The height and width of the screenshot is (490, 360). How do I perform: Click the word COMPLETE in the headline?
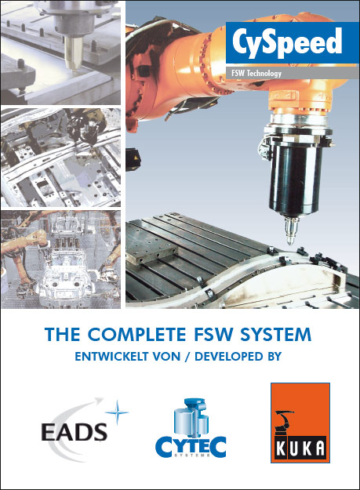pos(139,336)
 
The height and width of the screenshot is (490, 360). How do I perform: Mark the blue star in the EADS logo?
pos(116,411)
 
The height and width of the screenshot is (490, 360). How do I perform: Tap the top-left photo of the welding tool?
pos(60,51)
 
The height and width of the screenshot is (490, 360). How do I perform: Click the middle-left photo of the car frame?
pos(60,157)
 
